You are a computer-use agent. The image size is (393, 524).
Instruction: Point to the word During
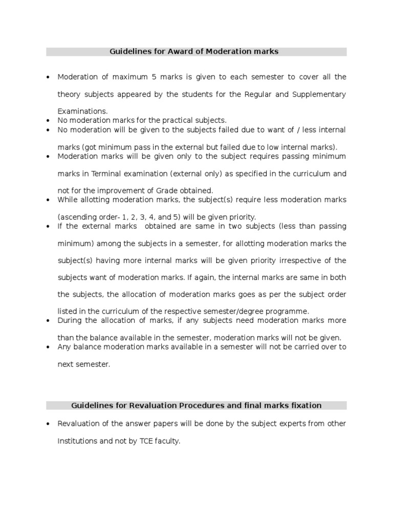[70, 320]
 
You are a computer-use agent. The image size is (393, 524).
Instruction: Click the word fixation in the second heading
[305, 406]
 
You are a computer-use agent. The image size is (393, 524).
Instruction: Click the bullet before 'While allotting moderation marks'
[48, 200]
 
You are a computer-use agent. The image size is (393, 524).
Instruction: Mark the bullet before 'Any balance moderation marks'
[48, 347]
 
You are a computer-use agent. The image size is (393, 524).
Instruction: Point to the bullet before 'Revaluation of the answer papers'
[48, 424]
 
